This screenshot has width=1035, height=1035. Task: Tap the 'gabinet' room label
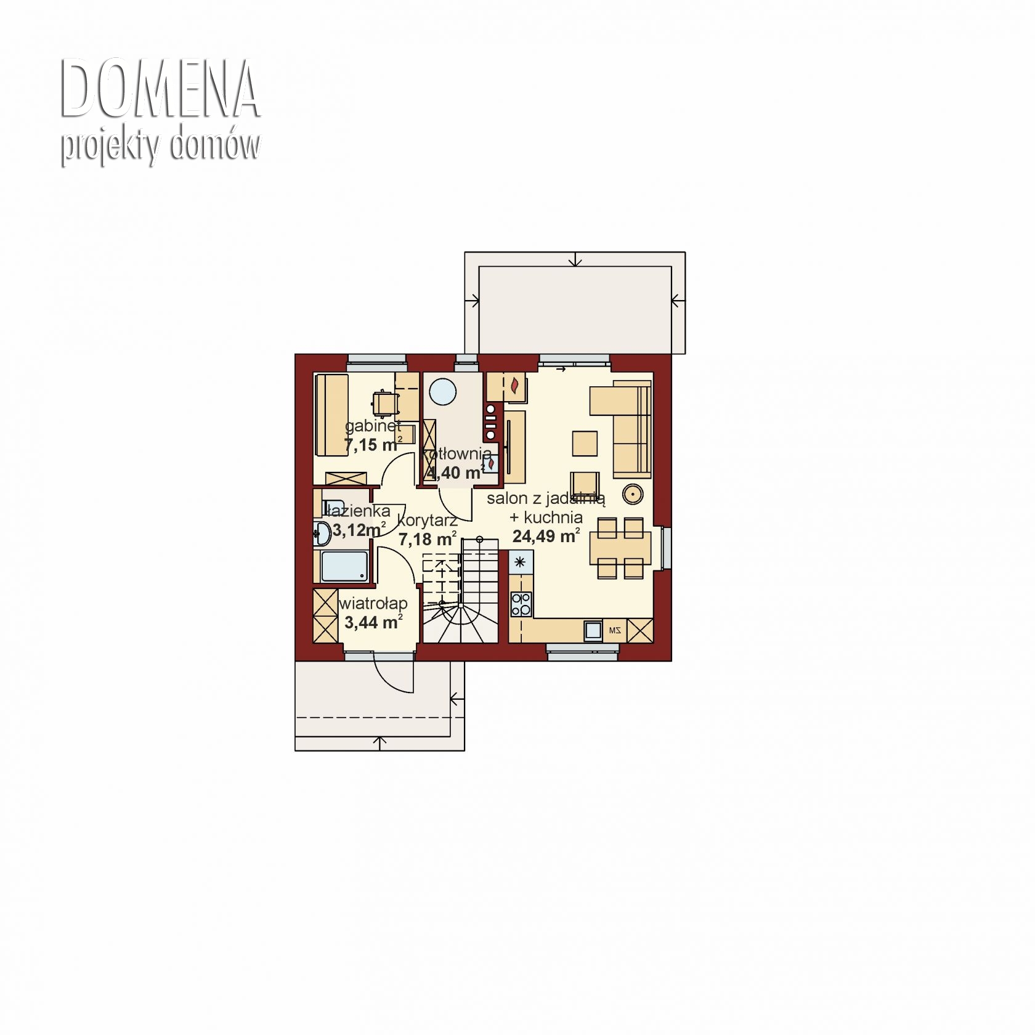click(373, 426)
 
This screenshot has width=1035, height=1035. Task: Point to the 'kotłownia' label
click(457, 454)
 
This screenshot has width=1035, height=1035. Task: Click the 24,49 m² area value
click(546, 536)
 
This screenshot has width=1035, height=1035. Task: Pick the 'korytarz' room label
click(427, 521)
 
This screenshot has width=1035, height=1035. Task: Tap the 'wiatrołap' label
click(373, 604)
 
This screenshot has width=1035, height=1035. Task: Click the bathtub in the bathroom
click(344, 566)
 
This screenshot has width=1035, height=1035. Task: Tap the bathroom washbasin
click(322, 533)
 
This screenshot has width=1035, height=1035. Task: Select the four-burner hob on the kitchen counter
click(521, 604)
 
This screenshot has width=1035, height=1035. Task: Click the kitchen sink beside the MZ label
click(593, 630)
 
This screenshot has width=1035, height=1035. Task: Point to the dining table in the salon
click(620, 548)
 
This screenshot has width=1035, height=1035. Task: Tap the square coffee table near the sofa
click(585, 443)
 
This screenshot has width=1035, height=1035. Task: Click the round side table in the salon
click(632, 493)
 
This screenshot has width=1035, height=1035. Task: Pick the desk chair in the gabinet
click(385, 403)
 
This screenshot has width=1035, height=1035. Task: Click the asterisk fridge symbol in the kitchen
click(521, 562)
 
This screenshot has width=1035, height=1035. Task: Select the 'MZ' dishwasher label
click(614, 630)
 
